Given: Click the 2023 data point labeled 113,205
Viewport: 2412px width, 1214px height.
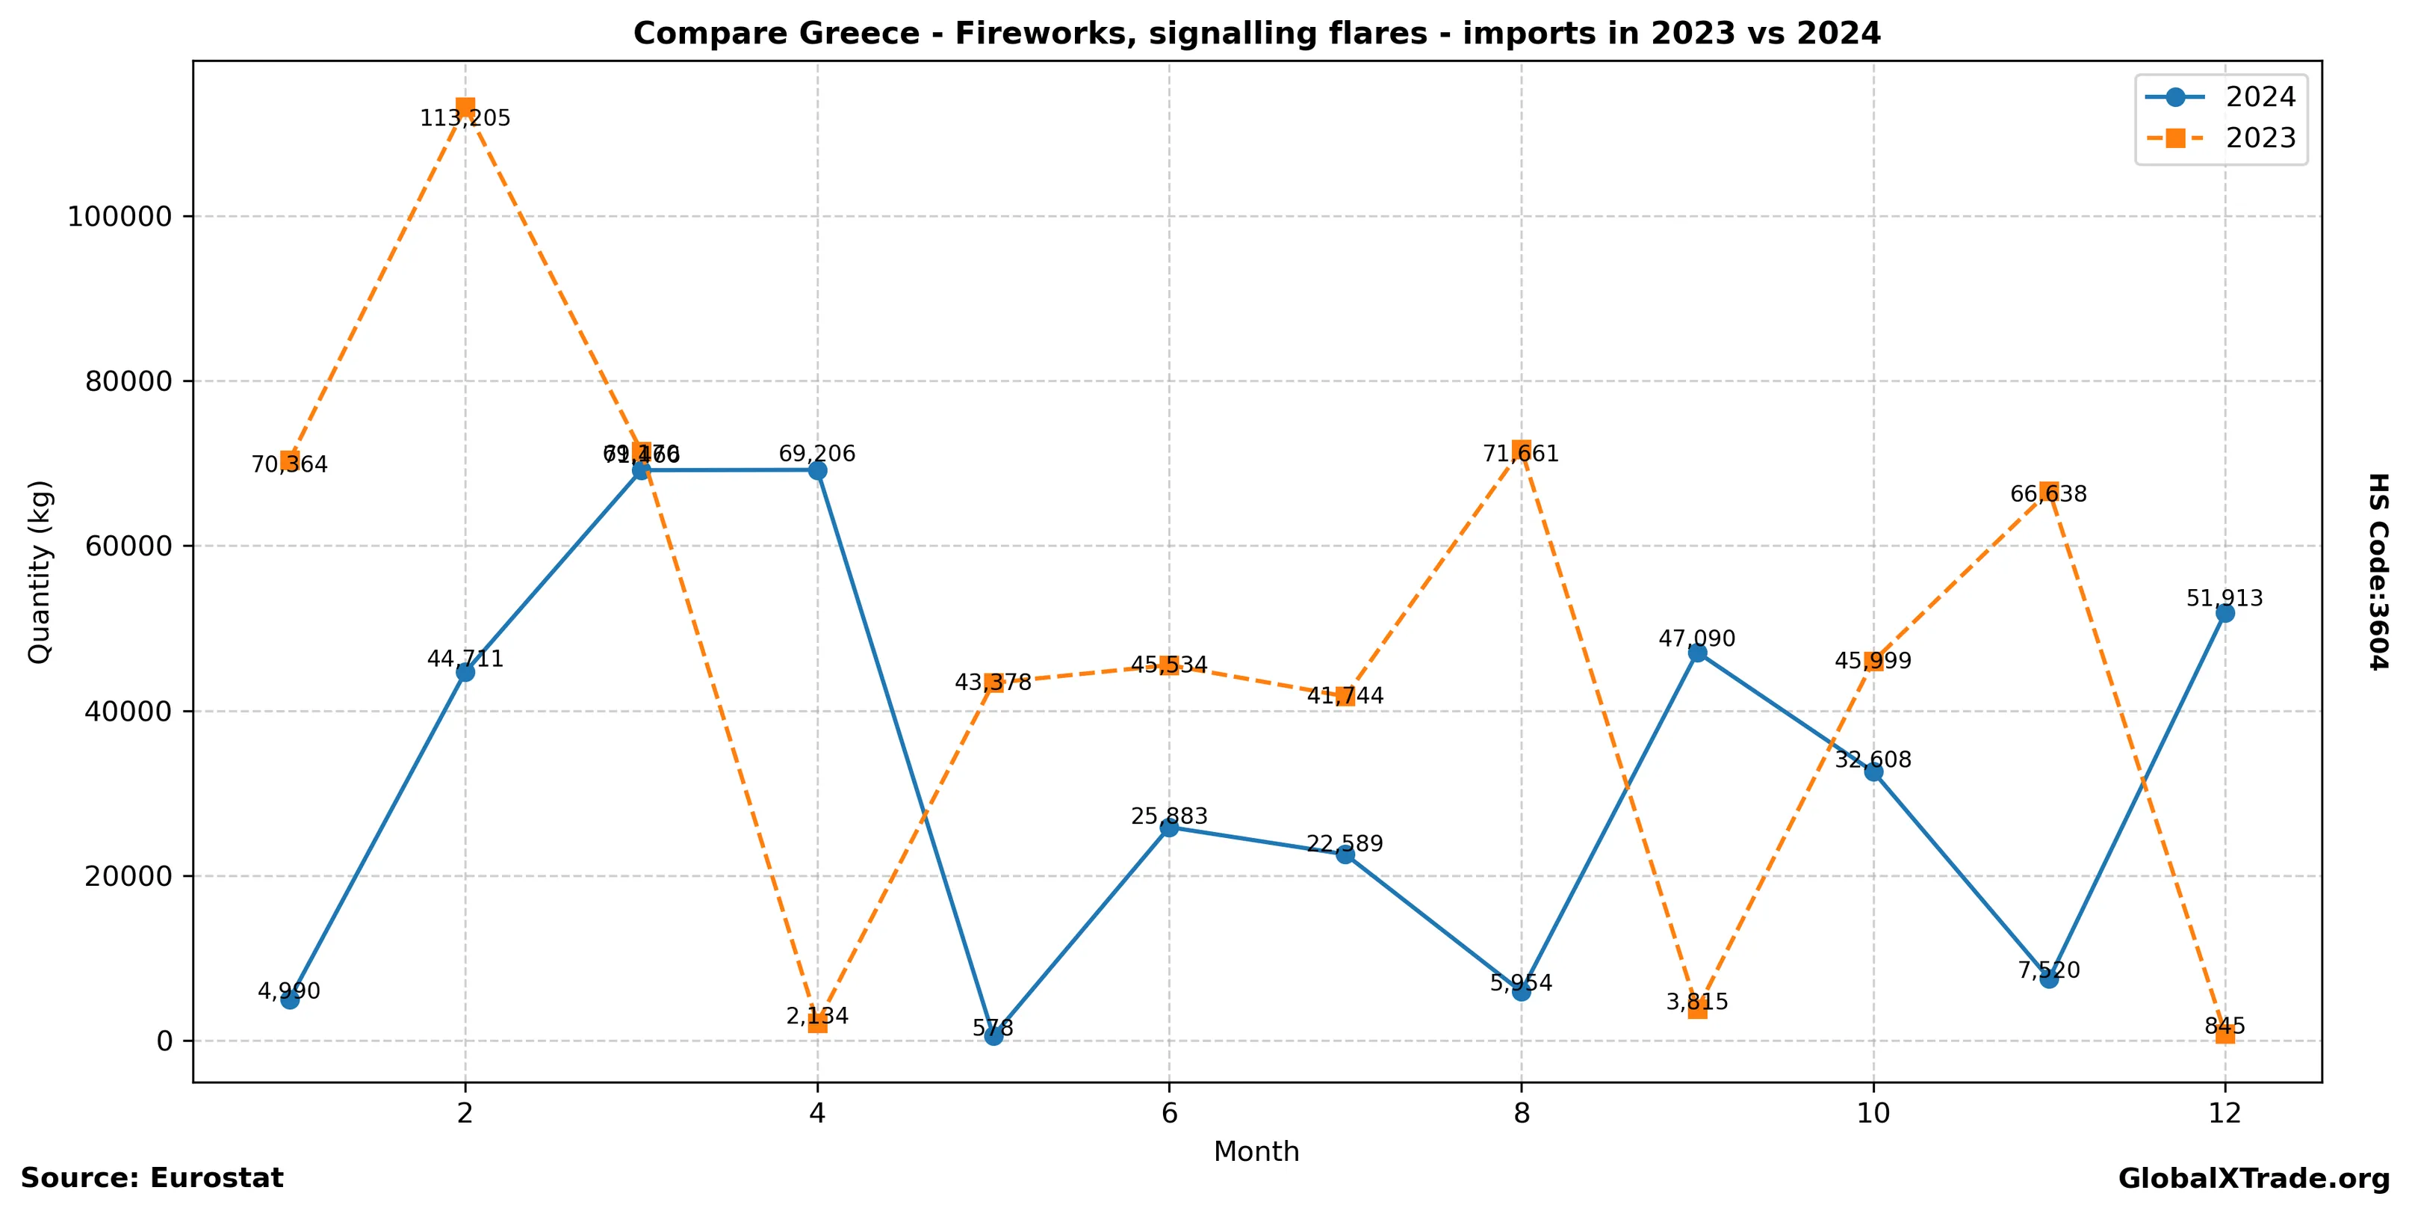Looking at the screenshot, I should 465,108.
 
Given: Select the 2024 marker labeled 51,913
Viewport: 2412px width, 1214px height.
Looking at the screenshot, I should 2225,613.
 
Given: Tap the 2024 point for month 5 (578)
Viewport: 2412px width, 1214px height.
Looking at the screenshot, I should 993,1035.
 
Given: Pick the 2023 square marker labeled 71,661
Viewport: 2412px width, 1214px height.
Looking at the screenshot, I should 1522,449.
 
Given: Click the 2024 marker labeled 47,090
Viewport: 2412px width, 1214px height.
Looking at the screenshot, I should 1698,653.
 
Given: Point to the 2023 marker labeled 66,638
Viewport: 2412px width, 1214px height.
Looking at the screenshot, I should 2049,491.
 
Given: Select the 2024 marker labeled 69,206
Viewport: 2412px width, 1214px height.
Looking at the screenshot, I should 817,470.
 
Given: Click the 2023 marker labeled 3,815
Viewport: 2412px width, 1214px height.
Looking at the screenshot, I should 1698,1009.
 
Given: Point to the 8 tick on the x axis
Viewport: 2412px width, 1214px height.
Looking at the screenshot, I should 1522,1113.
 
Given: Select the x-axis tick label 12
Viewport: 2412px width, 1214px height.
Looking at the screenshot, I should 2225,1113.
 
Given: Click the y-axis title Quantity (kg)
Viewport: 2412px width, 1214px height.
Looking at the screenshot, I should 40,571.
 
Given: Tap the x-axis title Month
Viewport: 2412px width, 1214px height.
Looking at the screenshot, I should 1256,1151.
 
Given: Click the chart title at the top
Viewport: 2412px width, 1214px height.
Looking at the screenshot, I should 1256,34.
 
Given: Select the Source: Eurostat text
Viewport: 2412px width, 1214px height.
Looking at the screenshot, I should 152,1178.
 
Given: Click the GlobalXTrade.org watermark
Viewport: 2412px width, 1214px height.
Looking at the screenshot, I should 2254,1178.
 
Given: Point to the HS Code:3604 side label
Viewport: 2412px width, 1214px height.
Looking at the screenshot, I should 2378,571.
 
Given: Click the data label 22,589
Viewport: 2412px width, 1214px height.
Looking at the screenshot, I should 1345,843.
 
